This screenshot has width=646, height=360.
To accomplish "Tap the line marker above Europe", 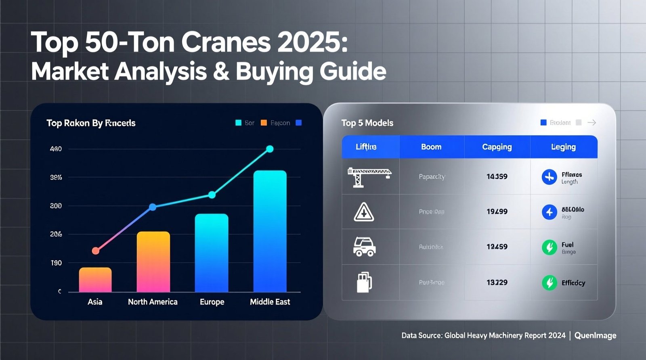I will (212, 195).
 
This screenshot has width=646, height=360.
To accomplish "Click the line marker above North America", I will (153, 207).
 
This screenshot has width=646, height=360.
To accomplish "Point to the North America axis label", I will (153, 302).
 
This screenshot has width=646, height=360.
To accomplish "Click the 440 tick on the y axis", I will (56, 149).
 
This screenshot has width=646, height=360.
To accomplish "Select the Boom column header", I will (431, 147).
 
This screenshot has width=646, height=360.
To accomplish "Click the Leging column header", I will (563, 147).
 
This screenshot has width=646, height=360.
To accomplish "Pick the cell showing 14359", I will (497, 176).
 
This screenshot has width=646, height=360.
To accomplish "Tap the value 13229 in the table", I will (497, 283).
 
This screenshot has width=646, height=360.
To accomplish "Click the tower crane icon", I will (369, 177).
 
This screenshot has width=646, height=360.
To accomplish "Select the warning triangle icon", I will (364, 212).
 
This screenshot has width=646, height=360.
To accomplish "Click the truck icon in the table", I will (364, 247).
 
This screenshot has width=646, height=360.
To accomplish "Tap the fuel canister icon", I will (364, 282).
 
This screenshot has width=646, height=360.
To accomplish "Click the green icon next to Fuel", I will (549, 247).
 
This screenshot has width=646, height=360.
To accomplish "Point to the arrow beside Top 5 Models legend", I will (592, 123).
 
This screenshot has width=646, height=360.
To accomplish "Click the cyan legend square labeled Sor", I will (238, 123).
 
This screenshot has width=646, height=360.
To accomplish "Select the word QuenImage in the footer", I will (595, 335).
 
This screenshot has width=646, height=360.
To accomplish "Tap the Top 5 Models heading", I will (367, 123).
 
